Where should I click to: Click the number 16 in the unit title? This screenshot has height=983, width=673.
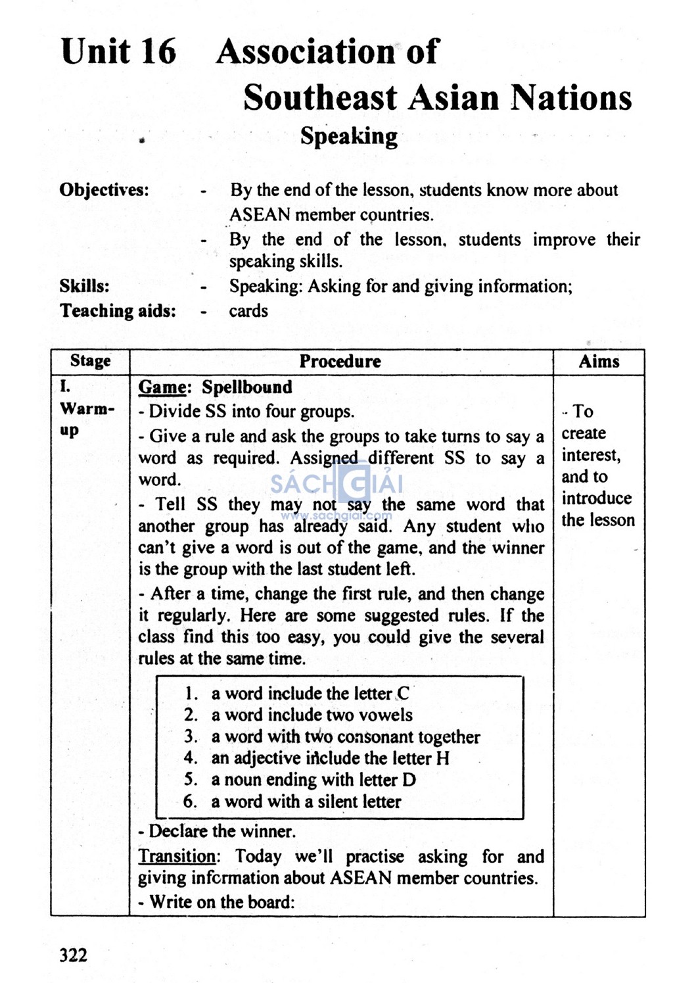pyautogui.click(x=158, y=51)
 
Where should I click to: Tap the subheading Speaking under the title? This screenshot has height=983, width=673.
pyautogui.click(x=348, y=136)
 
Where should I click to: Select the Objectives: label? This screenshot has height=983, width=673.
pyautogui.click(x=104, y=190)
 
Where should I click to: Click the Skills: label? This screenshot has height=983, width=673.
pyautogui.click(x=84, y=286)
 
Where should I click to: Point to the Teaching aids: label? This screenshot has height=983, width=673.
pyautogui.click(x=118, y=310)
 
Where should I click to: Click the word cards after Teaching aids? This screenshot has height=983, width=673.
pyautogui.click(x=248, y=310)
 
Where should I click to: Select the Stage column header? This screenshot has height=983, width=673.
pyautogui.click(x=90, y=361)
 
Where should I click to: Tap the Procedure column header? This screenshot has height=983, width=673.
pyautogui.click(x=340, y=361)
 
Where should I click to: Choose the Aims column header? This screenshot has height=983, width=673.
pyautogui.click(x=599, y=361)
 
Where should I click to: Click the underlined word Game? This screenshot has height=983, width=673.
pyautogui.click(x=162, y=387)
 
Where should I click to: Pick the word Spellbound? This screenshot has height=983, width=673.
pyautogui.click(x=246, y=387)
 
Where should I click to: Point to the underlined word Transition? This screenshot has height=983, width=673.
pyautogui.click(x=176, y=856)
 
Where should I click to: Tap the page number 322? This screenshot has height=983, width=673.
pyautogui.click(x=73, y=955)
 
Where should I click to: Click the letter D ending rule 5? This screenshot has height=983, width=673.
pyautogui.click(x=409, y=780)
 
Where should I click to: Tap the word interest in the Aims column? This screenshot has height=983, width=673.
pyautogui.click(x=590, y=455)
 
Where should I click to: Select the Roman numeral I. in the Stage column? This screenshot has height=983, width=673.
pyautogui.click(x=65, y=387)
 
